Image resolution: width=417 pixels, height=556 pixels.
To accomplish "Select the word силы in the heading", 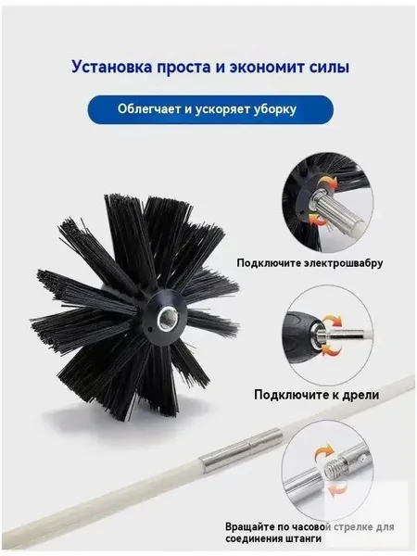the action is [x=331, y=67].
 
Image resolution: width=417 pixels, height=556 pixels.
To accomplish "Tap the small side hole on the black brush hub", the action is [x=150, y=330].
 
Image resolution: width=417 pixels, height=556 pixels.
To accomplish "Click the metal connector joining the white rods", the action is [x=240, y=449].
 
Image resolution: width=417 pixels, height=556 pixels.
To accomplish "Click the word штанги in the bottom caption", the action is [x=304, y=538].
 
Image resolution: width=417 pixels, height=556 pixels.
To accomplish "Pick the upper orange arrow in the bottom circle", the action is [x=322, y=452].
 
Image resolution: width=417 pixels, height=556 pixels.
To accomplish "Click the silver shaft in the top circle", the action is [x=338, y=209].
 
